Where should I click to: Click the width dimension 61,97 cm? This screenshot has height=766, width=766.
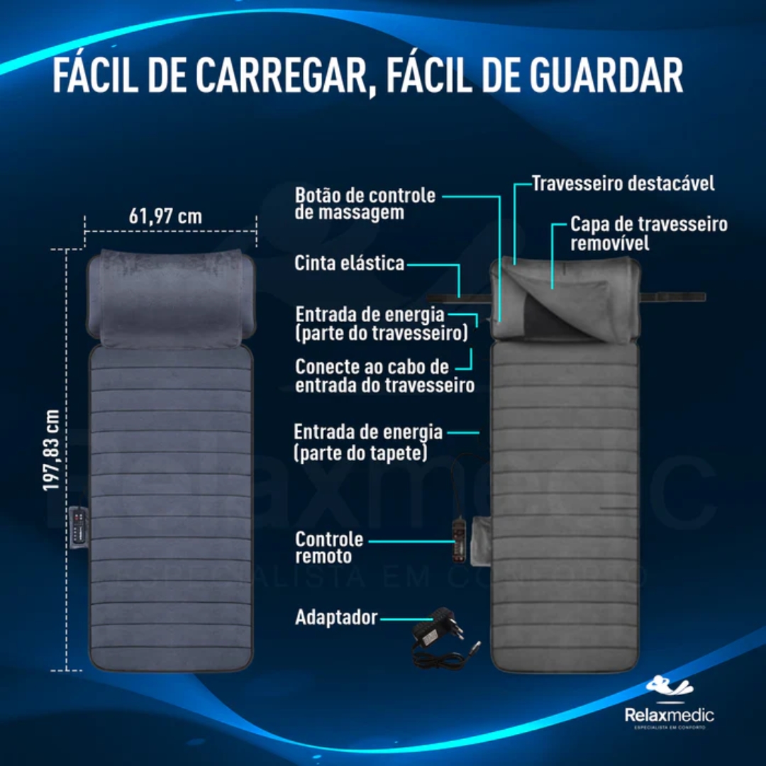[165, 216]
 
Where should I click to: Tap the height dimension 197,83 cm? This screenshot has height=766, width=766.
[51, 450]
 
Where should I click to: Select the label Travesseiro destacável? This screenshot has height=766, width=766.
[623, 184]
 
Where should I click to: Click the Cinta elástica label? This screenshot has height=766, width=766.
[349, 263]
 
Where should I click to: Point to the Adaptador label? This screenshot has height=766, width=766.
[336, 618]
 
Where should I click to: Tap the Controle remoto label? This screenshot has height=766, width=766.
[329, 548]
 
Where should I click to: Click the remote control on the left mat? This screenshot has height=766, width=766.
[79, 526]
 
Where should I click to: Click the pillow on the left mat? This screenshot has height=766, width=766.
[171, 298]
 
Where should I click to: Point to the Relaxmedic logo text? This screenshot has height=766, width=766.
[669, 716]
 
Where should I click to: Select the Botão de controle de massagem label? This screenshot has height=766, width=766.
[365, 204]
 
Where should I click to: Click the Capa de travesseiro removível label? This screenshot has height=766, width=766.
[649, 233]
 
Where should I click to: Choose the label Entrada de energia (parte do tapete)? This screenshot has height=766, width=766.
[368, 442]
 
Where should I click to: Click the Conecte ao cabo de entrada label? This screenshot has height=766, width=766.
[385, 376]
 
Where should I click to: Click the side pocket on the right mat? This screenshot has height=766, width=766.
[481, 540]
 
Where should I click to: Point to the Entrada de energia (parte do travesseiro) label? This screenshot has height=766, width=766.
[382, 324]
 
